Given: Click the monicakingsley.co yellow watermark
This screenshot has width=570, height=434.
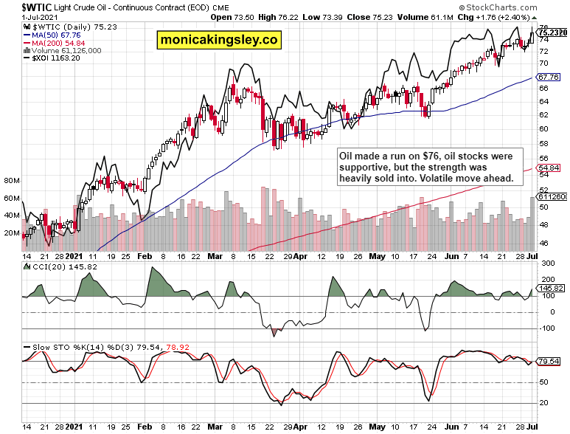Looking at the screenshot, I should coord(218,40).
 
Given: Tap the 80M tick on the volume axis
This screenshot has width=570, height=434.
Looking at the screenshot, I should coord(11,180).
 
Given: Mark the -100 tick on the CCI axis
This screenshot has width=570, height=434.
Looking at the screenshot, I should coord(547,329).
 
